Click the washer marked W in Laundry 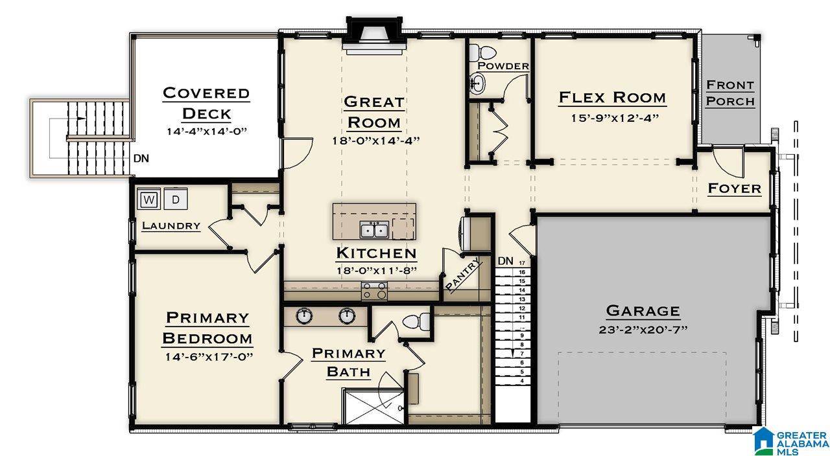point(148,199)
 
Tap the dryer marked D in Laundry point(176,199)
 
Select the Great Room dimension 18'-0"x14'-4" point(375,141)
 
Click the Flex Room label point(612,97)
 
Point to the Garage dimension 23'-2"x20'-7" point(643,330)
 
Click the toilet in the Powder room point(482,53)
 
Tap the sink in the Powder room point(477,84)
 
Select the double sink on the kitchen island point(374,229)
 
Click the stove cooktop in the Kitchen point(374,291)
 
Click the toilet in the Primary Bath point(416,321)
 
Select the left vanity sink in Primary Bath point(304,315)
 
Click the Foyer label point(735,188)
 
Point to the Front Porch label point(730,93)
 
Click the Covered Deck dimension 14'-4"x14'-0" point(206,131)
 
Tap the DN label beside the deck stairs point(141,159)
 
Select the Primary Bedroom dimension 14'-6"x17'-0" point(209,357)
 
